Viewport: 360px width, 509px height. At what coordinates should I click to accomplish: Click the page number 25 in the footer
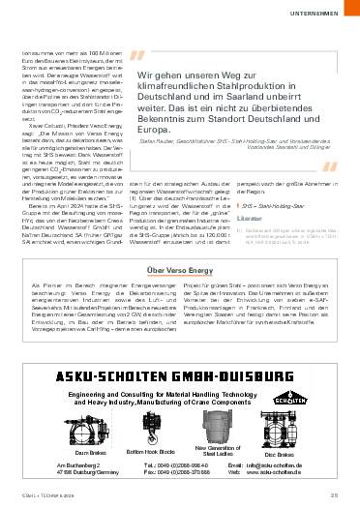(x=333, y=497)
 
